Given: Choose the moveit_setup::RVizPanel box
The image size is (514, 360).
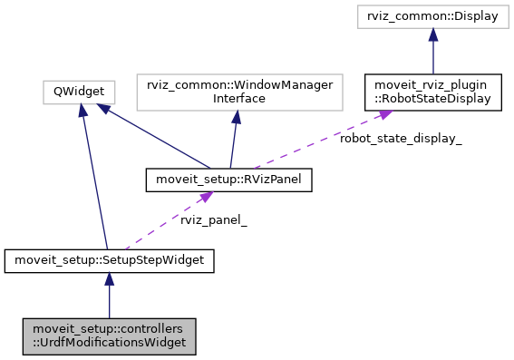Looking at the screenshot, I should tap(228, 180).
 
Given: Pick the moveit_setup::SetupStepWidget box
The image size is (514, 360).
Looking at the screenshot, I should tap(109, 261).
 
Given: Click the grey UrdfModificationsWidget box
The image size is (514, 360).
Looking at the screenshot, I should tap(109, 336).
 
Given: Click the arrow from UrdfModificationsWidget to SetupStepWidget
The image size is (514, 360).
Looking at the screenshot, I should tap(109, 295).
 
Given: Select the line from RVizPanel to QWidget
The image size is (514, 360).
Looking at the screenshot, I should tap(154, 136).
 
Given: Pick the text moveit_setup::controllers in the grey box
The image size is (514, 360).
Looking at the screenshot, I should tap(109, 328).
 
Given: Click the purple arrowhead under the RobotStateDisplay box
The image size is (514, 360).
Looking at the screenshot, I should tap(385, 114).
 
